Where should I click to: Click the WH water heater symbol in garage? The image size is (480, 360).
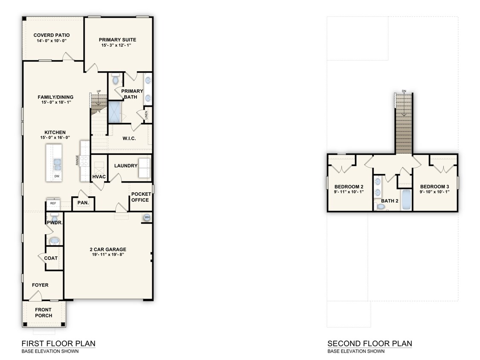(147, 217)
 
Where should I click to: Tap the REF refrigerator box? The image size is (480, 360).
(53, 203)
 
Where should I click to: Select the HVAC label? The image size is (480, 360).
(99, 177)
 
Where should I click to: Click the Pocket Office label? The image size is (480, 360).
(140, 197)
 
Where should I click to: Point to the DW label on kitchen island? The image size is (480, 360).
(56, 176)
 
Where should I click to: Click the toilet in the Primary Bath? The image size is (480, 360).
(115, 79)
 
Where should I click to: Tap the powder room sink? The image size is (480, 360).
(54, 241)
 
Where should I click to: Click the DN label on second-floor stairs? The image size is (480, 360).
(404, 91)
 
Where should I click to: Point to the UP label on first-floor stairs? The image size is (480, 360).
(99, 91)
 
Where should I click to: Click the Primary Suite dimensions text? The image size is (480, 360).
(119, 45)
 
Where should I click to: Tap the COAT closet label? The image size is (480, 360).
(51, 258)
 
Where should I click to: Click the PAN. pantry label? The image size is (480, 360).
(83, 203)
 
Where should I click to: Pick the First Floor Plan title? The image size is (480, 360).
(58, 343)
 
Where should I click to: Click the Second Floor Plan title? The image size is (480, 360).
(369, 343)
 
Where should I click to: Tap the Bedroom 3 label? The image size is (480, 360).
(434, 186)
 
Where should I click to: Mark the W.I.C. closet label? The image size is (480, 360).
(129, 139)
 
